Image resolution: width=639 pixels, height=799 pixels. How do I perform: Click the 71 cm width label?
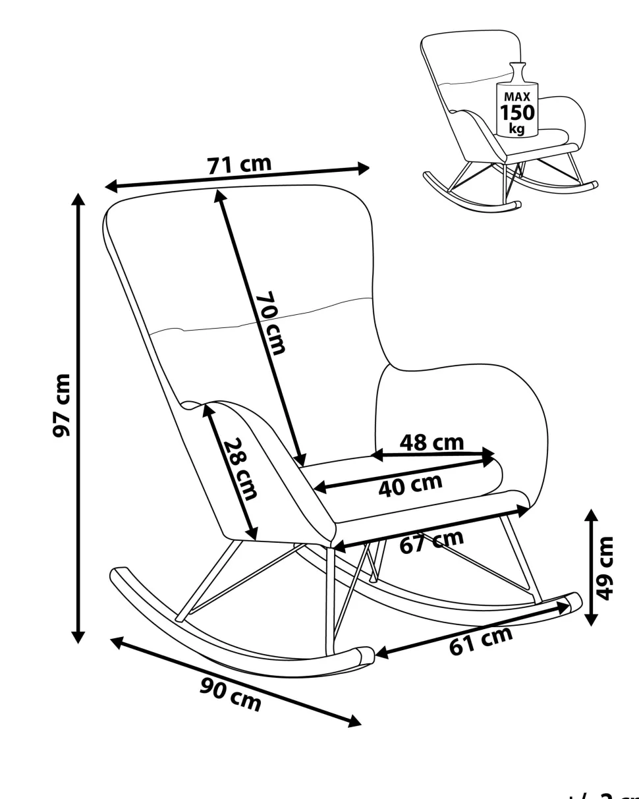coord(239,165)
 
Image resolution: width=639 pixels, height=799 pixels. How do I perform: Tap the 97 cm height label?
coord(63,405)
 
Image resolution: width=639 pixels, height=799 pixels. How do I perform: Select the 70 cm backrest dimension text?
coord(271,323)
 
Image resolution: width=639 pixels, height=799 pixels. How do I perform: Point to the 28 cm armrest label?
coord(238,468)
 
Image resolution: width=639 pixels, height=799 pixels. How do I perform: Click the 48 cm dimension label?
coord(431,443)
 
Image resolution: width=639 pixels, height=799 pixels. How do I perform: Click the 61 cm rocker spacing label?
coord(480,641)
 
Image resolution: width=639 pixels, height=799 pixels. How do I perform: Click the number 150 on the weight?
coord(517,113)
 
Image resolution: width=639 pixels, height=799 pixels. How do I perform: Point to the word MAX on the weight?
coord(517,97)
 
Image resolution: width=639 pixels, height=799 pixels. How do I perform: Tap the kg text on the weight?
coord(517,128)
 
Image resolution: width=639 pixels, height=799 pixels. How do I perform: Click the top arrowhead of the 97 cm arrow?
coord(78,200)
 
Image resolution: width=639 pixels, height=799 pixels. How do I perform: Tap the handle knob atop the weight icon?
coord(518,67)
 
